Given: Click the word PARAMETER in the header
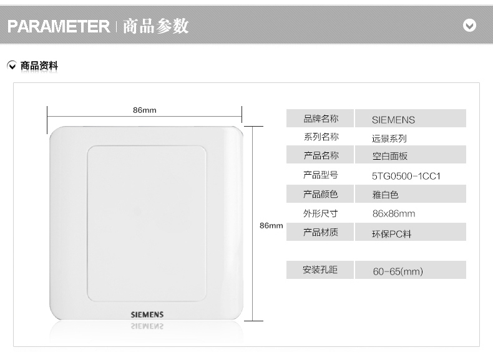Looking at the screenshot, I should (x=59, y=26).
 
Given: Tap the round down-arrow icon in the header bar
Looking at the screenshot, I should (x=469, y=26).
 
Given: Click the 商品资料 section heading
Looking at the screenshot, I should (x=39, y=66).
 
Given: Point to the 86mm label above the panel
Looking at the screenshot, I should (x=144, y=110).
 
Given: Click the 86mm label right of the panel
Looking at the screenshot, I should (x=271, y=225).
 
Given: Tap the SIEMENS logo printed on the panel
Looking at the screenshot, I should (x=147, y=314).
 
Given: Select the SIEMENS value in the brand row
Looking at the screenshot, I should (x=393, y=120).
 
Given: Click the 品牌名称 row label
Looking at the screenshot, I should (x=321, y=119).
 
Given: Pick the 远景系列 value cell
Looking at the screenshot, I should (x=389, y=139).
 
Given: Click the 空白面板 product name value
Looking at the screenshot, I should (x=389, y=157).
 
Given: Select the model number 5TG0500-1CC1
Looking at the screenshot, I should (x=406, y=176).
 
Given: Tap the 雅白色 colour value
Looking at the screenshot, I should (x=385, y=195).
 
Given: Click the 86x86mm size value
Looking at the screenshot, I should (x=394, y=213).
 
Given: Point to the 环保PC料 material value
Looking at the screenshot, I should (x=392, y=234).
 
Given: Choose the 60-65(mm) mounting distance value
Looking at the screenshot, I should (x=398, y=271).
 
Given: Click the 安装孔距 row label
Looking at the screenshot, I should (x=320, y=270).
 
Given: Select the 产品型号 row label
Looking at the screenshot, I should (x=321, y=175).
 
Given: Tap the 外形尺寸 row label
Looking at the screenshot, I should (x=321, y=213).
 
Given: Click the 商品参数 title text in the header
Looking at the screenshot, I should (x=155, y=26).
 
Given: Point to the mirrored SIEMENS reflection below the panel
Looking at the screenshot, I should (x=147, y=326).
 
